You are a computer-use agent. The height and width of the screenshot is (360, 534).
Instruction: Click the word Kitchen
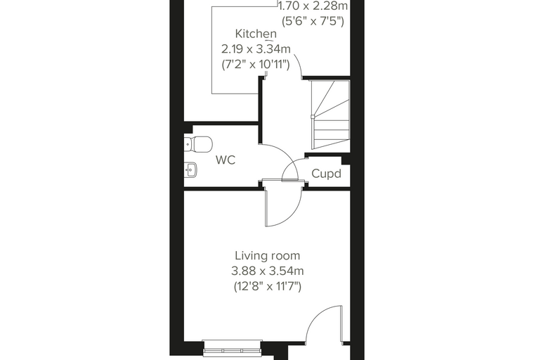coord(256,34)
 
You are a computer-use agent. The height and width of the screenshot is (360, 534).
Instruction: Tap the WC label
coord(226,160)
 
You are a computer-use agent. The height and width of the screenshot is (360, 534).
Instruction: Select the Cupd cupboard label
coord(326,174)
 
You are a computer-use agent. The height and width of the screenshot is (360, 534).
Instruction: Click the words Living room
coord(267,256)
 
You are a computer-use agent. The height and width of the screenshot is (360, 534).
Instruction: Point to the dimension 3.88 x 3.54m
coord(267,271)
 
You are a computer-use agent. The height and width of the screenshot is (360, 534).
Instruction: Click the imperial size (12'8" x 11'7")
coord(267,286)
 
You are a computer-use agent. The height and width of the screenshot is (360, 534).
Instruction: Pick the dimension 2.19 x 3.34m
coord(256,49)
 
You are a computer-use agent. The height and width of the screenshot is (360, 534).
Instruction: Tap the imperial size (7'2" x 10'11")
coord(256,64)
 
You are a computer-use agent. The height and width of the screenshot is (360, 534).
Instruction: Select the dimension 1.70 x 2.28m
coord(313,6)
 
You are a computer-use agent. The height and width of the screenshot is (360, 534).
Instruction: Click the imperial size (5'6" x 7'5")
coord(313,21)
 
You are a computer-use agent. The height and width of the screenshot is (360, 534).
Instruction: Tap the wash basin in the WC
coord(190,169)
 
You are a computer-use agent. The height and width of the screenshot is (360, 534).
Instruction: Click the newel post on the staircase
coord(313,117)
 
